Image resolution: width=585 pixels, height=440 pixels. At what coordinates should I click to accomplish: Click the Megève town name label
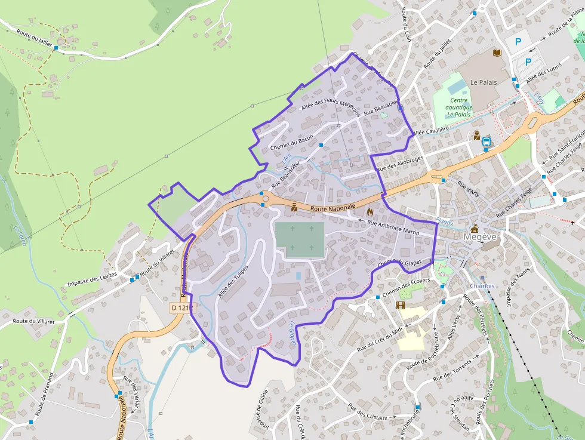481,236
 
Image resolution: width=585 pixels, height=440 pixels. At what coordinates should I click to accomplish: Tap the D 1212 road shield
183,307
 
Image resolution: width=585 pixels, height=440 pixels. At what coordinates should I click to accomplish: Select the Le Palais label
484,82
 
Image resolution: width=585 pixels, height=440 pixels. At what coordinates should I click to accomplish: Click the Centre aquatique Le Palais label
460,107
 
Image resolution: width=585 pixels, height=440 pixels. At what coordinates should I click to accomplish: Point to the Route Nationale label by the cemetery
332,207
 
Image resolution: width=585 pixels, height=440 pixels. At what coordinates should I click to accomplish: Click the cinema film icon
401,306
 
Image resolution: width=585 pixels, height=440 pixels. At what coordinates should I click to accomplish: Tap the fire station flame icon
370,211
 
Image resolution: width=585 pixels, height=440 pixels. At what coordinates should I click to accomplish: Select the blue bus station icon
487,141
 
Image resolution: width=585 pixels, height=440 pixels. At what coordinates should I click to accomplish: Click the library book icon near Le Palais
497,53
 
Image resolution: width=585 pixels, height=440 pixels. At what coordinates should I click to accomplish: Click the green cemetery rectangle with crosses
300,240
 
